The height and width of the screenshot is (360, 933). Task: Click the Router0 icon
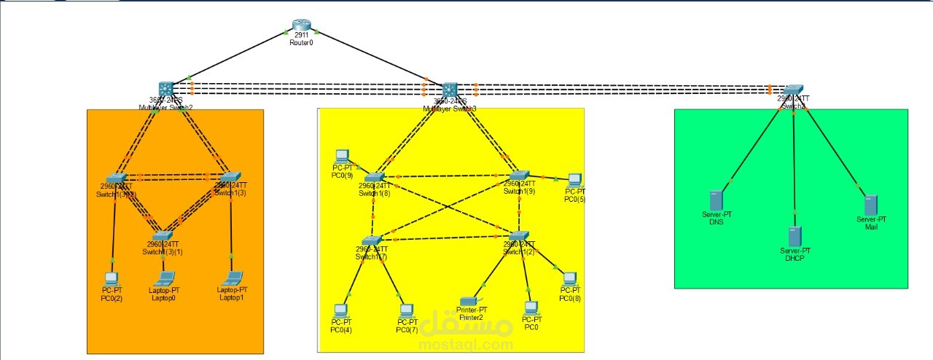[x=301, y=25]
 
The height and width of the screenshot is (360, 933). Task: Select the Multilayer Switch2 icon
[x=166, y=88]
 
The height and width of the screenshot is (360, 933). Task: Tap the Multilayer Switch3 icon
[x=450, y=89]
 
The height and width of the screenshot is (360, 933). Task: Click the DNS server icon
[x=716, y=200]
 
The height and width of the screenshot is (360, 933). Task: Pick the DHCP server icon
[x=795, y=236]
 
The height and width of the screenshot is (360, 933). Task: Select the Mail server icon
[x=870, y=205]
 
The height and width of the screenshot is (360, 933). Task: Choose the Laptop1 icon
[x=233, y=278]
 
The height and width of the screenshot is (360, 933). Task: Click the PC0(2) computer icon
[x=112, y=278]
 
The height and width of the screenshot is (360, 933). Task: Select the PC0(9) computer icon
[x=342, y=156]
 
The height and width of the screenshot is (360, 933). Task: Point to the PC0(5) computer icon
[x=574, y=179]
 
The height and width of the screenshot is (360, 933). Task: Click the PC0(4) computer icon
[x=340, y=310]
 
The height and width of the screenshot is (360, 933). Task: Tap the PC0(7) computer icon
[x=406, y=310]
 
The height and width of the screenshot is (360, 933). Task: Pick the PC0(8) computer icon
[x=570, y=278]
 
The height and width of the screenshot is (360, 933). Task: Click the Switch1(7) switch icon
[x=372, y=240]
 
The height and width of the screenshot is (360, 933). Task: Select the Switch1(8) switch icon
[x=375, y=176]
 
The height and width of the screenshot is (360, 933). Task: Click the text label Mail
[x=871, y=227]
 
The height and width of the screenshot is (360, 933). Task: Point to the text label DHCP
[x=795, y=258]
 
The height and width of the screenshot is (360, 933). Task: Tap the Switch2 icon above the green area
[x=793, y=88]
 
